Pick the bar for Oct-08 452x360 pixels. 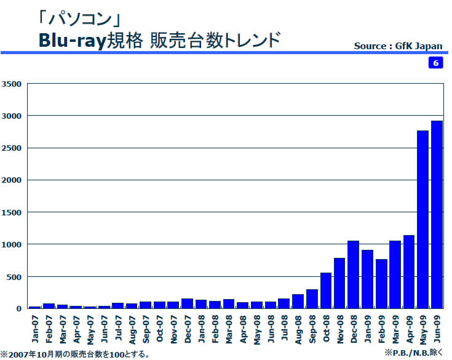pyautogui.click(x=325, y=290)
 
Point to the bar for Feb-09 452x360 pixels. pyautogui.click(x=381, y=283)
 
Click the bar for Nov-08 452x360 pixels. pyautogui.click(x=339, y=282)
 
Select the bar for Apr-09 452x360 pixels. pyautogui.click(x=409, y=271)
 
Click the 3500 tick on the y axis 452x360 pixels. pyautogui.click(x=12, y=84)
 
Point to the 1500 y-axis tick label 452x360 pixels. pyautogui.click(x=12, y=212)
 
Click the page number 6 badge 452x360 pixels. pyautogui.click(x=435, y=63)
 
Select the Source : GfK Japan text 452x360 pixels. pyautogui.click(x=398, y=46)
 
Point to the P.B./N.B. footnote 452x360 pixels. pyautogui.click(x=413, y=352)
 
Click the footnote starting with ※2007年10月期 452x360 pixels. pyautogui.click(x=75, y=354)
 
